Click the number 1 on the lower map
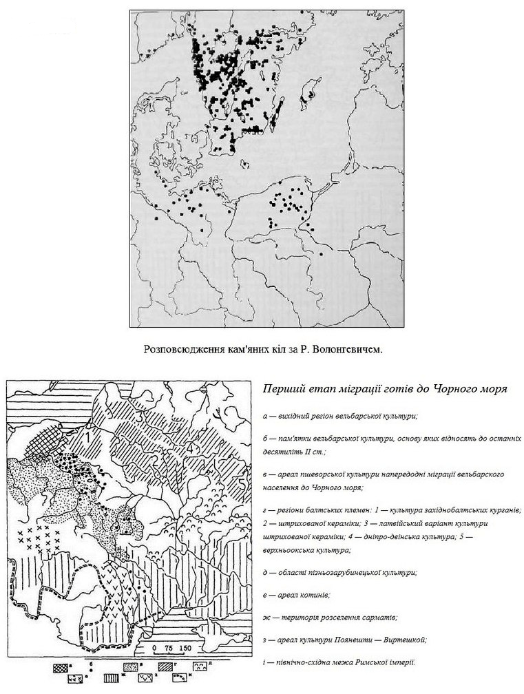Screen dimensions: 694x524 click(x=89, y=435)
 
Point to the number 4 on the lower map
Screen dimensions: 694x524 click(x=191, y=448)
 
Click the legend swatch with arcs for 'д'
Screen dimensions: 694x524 click(x=200, y=668)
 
